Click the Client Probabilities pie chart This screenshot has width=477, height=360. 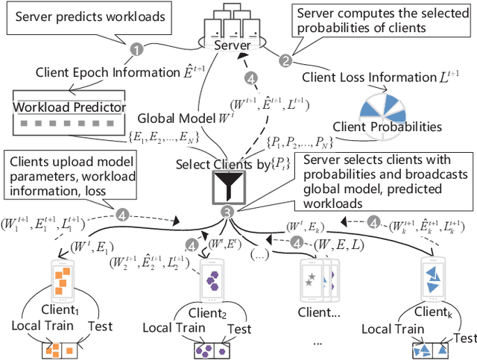380,107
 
